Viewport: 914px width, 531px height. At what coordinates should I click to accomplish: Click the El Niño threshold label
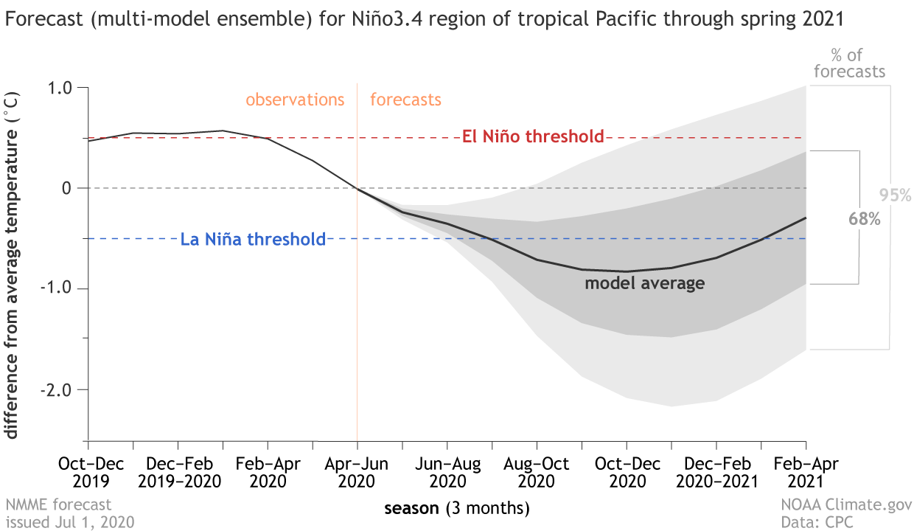click(x=532, y=137)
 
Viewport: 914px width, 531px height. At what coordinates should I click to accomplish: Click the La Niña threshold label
click(x=253, y=239)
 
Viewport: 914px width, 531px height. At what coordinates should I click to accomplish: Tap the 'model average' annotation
click(x=644, y=283)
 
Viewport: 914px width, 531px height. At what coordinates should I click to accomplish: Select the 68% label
click(x=867, y=219)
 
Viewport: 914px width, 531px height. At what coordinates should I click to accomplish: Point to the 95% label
click(x=896, y=196)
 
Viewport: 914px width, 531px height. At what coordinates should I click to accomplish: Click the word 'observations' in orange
click(x=295, y=100)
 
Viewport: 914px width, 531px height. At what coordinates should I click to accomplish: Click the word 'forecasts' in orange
click(x=405, y=100)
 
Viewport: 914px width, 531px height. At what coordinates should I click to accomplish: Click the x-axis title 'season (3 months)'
click(x=456, y=508)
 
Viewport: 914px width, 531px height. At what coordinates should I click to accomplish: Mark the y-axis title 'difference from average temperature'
click(x=13, y=265)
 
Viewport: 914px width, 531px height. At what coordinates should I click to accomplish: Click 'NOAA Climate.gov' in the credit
click(x=845, y=505)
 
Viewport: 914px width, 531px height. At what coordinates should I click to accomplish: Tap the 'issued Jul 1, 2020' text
click(x=70, y=522)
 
